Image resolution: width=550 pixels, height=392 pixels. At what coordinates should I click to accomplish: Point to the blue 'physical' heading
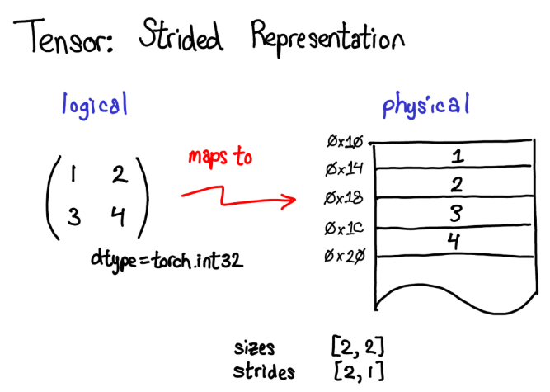click(x=425, y=106)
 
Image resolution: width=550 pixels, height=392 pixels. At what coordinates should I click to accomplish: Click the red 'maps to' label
click(x=219, y=157)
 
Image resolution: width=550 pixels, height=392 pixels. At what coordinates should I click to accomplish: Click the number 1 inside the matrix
click(x=73, y=175)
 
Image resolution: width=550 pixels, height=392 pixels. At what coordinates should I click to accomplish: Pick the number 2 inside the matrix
click(x=118, y=175)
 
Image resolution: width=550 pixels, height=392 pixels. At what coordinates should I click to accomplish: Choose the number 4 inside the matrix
click(x=118, y=217)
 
